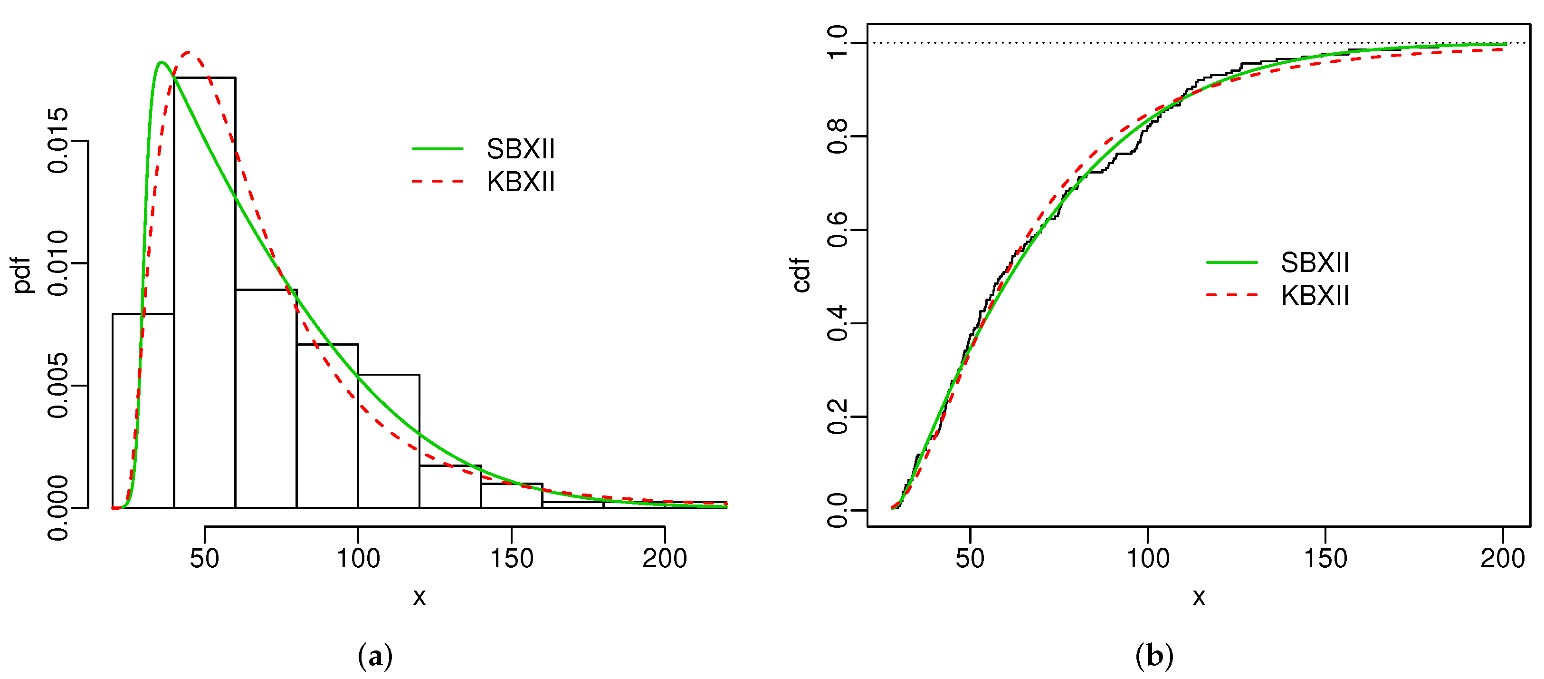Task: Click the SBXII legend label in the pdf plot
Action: [x=520, y=149]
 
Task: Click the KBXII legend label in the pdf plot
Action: [x=520, y=182]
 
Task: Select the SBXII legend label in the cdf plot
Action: [x=1315, y=262]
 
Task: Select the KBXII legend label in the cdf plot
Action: [x=1315, y=295]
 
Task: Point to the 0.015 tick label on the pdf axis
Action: [x=58, y=141]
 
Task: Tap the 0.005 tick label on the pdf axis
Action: [x=58, y=385]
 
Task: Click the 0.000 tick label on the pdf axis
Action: [x=58, y=507]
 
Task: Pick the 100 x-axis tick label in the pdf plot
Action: [x=358, y=558]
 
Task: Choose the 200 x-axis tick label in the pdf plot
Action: [x=664, y=558]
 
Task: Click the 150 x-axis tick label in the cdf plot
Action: [x=1325, y=558]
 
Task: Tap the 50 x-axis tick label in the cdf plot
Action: [x=970, y=558]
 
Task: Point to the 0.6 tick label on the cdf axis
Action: [x=837, y=230]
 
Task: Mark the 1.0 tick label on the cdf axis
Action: [x=837, y=43]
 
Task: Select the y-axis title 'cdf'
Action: [x=801, y=275]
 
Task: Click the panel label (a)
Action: [x=375, y=656]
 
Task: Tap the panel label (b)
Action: [x=1154, y=656]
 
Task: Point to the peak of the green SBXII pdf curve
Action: [x=161, y=62]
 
